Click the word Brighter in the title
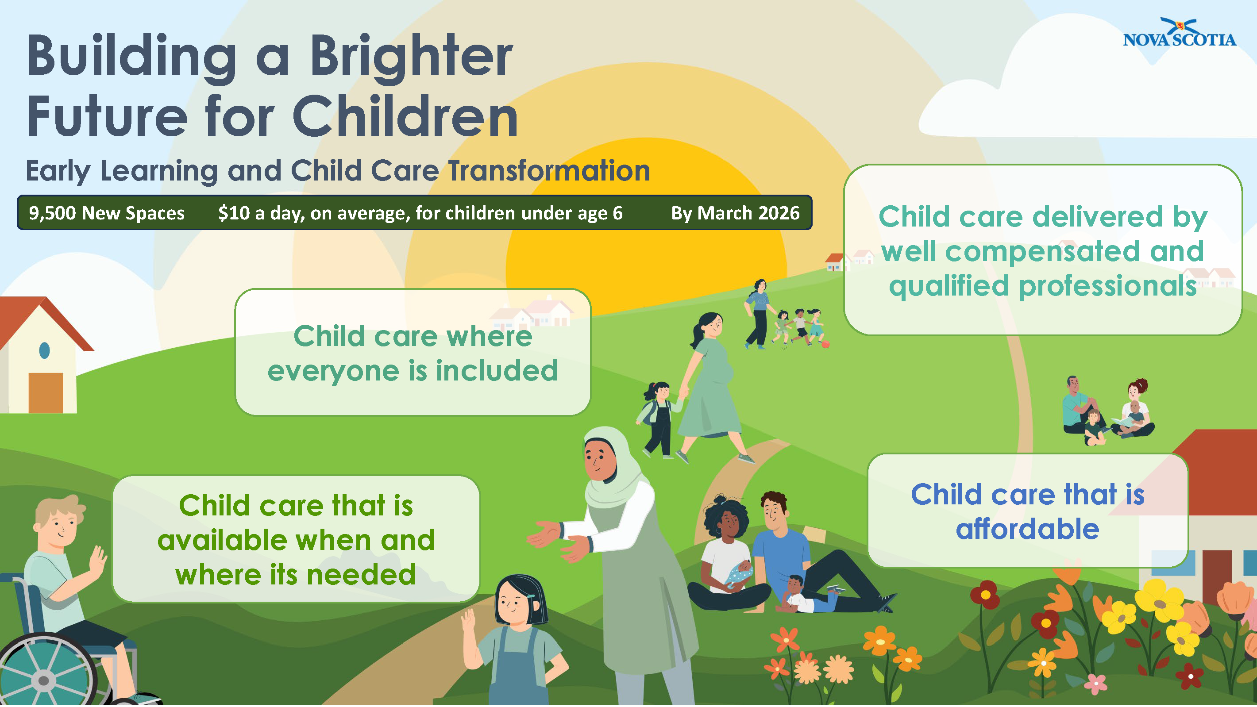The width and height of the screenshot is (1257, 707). pos(411,57)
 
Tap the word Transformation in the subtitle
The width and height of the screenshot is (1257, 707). pos(549,170)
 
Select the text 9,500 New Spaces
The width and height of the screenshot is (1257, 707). pos(106,213)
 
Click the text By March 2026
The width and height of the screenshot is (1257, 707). pos(735,213)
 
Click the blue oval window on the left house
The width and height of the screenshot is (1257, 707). pos(44,350)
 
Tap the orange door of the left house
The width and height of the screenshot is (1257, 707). pos(46,393)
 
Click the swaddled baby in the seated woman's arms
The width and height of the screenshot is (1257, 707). pos(738,573)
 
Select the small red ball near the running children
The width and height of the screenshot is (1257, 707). pos(825,345)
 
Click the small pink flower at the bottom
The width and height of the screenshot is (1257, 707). pos(1096,684)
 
